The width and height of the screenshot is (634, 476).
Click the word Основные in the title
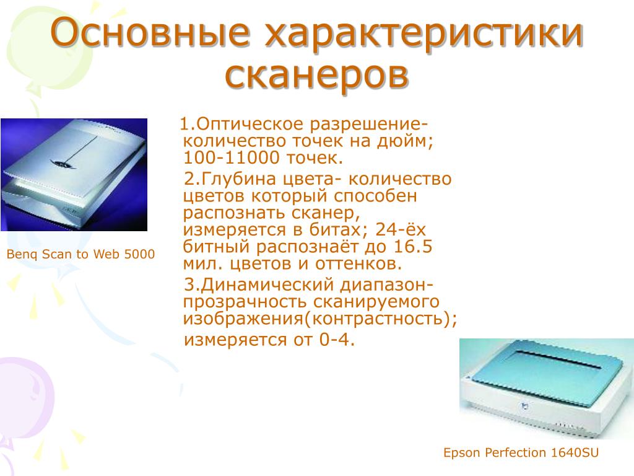coord(150,32)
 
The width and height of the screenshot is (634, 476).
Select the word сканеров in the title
coord(316,75)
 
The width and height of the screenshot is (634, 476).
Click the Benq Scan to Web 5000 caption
coord(81,254)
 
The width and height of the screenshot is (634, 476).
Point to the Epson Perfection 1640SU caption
coord(521,452)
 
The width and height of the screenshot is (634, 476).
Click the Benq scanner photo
coord(74,174)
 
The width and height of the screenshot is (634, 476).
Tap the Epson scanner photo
coord(547,389)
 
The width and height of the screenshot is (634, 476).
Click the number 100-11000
coord(232,158)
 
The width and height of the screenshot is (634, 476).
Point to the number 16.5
coord(412,247)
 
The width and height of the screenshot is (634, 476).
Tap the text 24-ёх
coord(401,229)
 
